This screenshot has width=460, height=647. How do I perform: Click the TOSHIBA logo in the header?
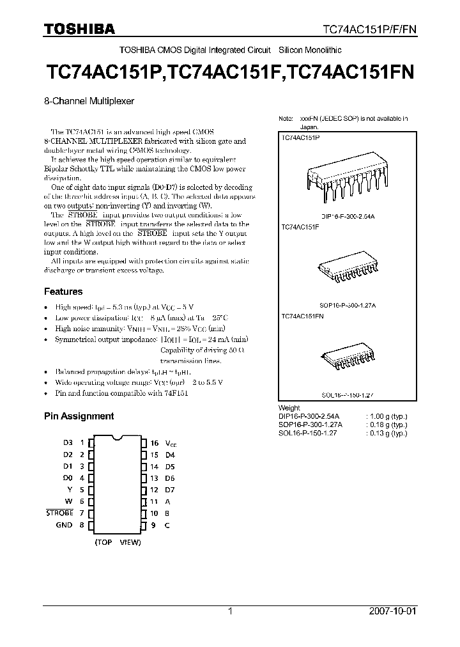pos(79,29)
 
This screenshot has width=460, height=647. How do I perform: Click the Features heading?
pos(63,292)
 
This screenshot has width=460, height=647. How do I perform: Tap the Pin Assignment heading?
pos(79,416)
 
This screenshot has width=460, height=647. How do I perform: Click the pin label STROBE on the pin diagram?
pos(60,513)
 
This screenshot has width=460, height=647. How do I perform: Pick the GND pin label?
pos(65,525)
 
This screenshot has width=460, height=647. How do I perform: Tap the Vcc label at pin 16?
pos(172,443)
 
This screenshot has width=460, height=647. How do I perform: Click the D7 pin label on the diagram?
pos(170,490)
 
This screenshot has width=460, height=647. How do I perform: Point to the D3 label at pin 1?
pos(68,443)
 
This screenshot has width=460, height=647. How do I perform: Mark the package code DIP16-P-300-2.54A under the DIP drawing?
pos(348,217)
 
